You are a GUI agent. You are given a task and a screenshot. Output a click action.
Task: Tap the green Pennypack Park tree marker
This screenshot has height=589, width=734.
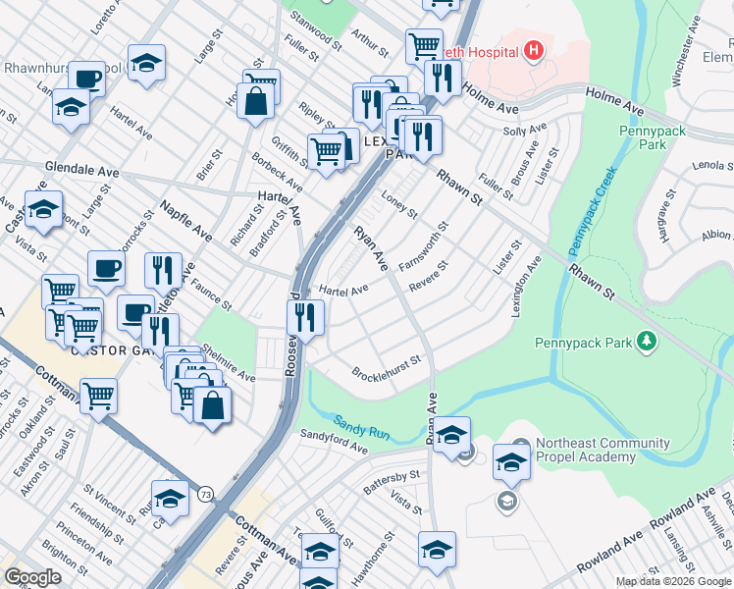click(x=646, y=342)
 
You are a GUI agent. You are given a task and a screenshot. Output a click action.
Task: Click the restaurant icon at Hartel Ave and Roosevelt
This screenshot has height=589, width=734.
click(x=305, y=317)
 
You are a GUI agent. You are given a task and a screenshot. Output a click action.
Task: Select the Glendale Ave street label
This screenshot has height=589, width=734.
click(x=81, y=170)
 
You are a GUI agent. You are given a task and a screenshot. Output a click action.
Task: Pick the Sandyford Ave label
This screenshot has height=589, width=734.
click(x=333, y=442)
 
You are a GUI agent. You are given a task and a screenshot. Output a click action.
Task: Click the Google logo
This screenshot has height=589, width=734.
click(x=32, y=577)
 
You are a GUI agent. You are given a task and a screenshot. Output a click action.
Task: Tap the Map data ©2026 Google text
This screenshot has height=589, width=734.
click(x=672, y=581)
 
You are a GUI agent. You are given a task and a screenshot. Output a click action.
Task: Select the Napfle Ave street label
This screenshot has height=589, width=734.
click(x=185, y=222)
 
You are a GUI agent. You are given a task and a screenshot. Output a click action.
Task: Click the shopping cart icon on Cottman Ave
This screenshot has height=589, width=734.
click(x=98, y=397)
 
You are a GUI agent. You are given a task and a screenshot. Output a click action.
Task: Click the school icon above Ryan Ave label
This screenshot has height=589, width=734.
click(x=451, y=433)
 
